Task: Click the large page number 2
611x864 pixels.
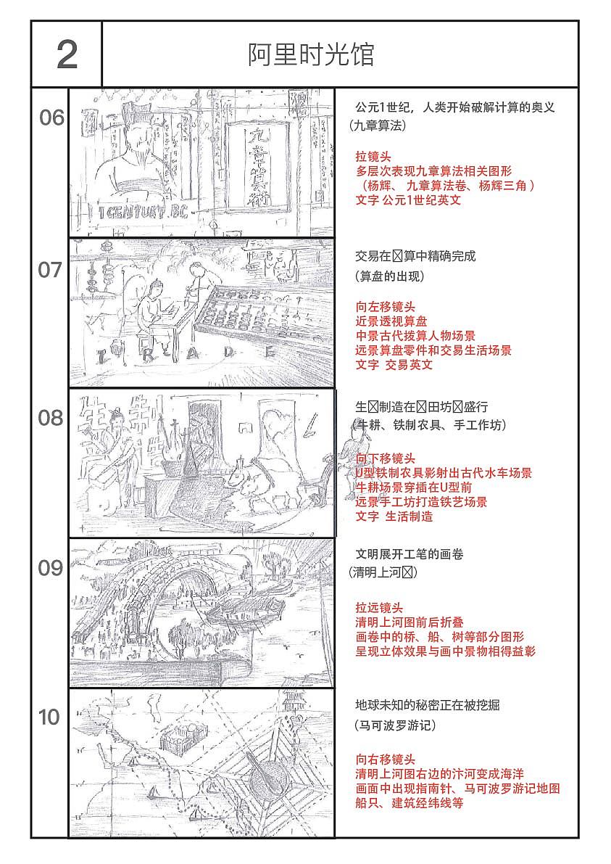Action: [x=67, y=55]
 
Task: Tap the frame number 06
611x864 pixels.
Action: [x=51, y=118]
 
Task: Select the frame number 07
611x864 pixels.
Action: [x=51, y=270]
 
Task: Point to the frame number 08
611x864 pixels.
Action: [x=51, y=419]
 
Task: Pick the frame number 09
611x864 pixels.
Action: [x=51, y=568]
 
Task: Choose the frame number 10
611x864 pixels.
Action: [x=49, y=717]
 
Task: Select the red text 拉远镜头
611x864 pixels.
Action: [x=379, y=608]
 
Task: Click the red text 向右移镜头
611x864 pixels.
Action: [x=385, y=760]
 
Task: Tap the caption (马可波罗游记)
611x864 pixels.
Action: [x=395, y=725]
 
